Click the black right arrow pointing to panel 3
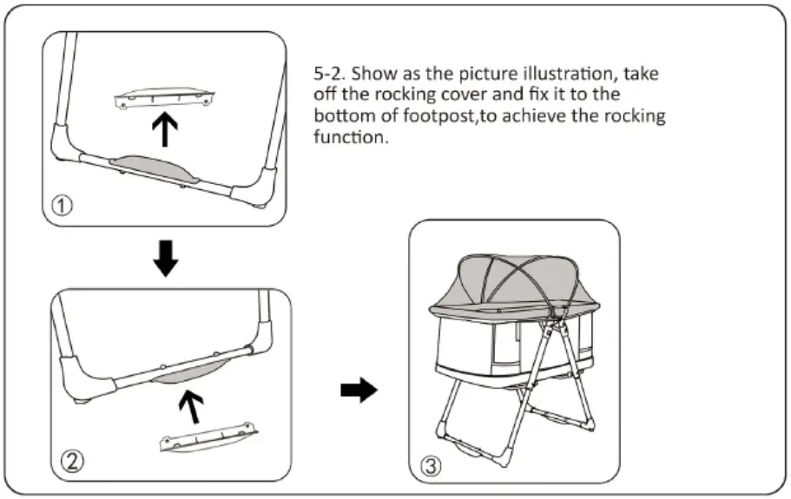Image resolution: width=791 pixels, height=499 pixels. [359, 391]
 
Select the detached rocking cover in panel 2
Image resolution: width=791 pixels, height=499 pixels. [208, 436]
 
